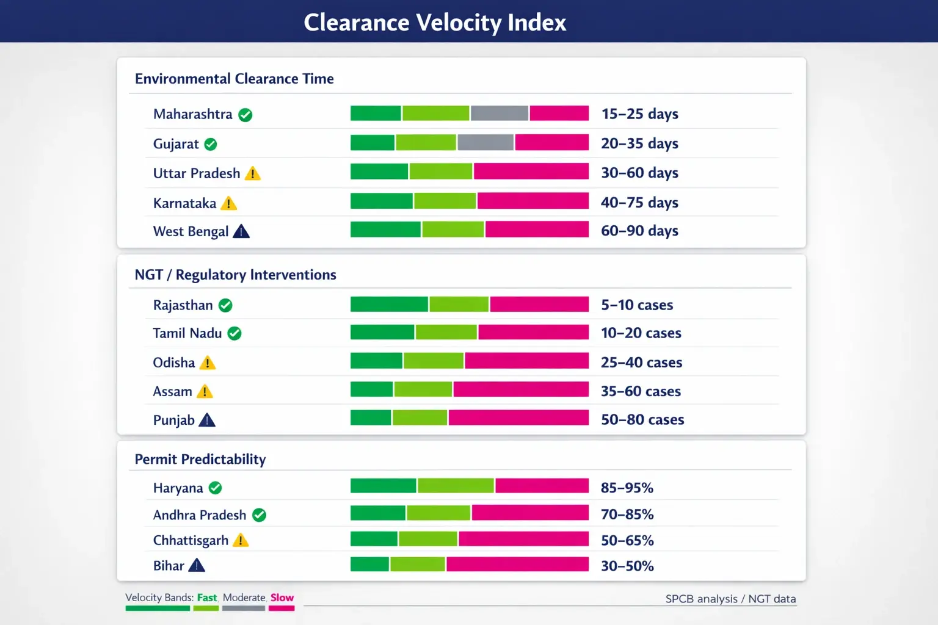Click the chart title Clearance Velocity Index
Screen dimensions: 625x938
click(435, 23)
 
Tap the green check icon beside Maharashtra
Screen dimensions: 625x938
click(245, 115)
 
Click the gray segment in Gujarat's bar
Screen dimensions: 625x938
click(485, 143)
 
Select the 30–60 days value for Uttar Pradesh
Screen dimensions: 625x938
click(639, 173)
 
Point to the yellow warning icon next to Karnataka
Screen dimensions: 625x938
click(228, 203)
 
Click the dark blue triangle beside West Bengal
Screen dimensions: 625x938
click(241, 231)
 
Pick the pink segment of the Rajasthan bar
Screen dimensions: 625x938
click(539, 304)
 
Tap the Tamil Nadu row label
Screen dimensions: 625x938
click(187, 333)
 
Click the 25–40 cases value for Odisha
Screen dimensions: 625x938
click(641, 363)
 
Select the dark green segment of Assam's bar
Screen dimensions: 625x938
click(371, 389)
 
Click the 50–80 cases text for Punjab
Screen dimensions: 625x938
click(642, 420)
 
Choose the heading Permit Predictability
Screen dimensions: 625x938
click(200, 459)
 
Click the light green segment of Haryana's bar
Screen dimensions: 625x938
click(456, 486)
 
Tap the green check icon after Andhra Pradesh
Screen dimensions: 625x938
click(259, 515)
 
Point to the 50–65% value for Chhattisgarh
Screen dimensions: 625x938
click(627, 541)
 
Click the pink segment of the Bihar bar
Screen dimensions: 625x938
click(517, 565)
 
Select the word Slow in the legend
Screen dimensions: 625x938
click(282, 598)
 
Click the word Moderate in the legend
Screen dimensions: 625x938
click(244, 598)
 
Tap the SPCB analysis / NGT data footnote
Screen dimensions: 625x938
click(730, 599)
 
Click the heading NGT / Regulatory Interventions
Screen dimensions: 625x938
click(235, 275)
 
